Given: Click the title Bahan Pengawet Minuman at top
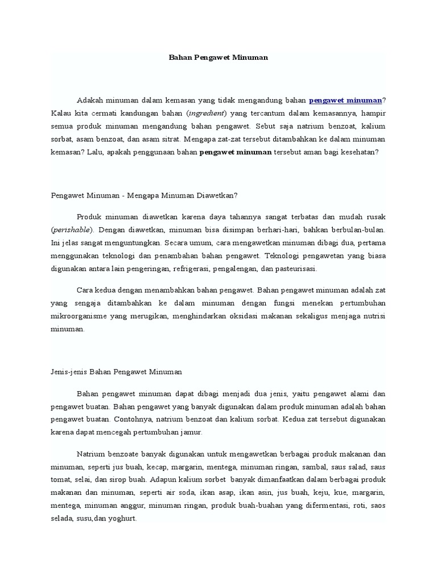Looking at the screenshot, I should (x=218, y=58).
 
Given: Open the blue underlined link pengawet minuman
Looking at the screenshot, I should (x=345, y=100).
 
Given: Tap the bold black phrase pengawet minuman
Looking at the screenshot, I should (x=235, y=153).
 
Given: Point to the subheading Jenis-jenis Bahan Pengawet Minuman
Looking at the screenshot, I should (x=116, y=372).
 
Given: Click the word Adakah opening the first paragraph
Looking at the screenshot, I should (x=90, y=100).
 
